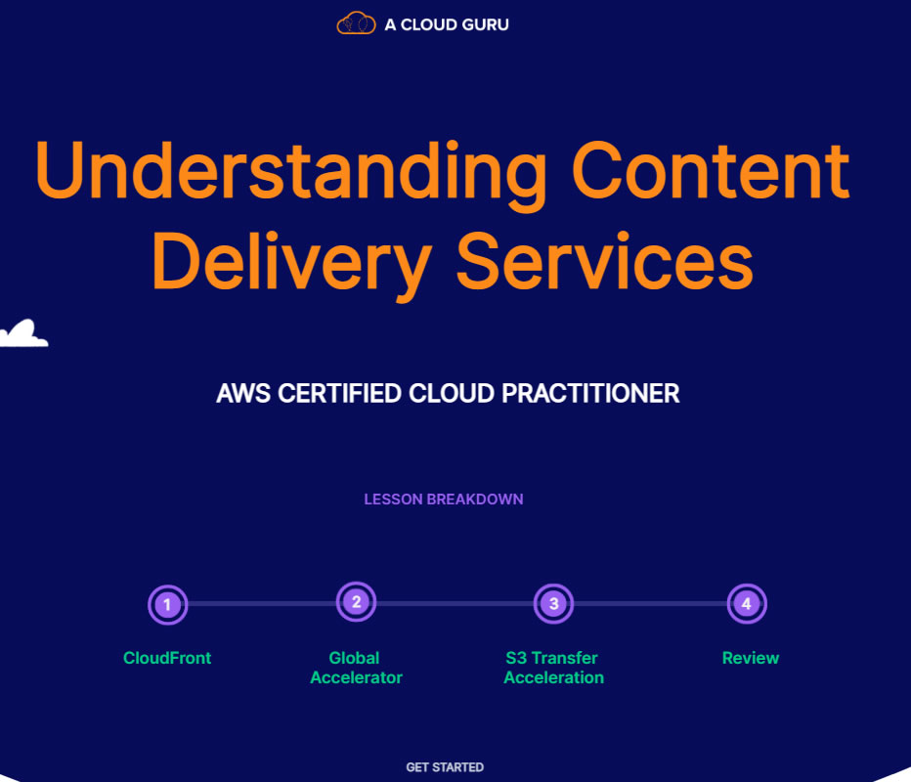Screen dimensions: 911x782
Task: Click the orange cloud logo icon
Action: point(356,23)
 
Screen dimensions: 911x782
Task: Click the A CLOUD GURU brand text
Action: point(447,24)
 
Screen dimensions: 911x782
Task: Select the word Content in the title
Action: point(711,171)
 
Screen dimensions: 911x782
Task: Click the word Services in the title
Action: point(605,261)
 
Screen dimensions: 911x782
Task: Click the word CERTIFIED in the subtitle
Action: point(339,394)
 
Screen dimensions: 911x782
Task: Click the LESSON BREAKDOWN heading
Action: point(444,500)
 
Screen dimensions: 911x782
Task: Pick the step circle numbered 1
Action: point(167,605)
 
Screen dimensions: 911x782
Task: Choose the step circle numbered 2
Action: point(356,602)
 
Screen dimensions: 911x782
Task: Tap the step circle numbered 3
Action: point(553,604)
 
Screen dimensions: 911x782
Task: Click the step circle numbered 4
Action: point(747,604)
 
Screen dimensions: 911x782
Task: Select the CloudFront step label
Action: point(167,658)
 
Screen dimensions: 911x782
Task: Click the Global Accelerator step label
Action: point(356,668)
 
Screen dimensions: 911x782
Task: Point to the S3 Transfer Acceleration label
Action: point(553,668)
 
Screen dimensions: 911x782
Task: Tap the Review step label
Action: point(751,658)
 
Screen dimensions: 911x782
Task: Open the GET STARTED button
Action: point(445,767)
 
